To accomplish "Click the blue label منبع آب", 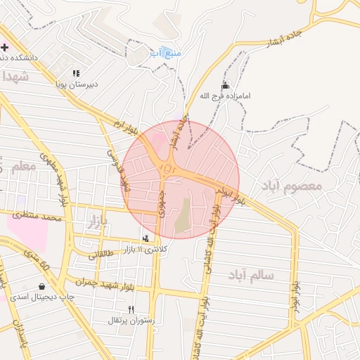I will point(166,53).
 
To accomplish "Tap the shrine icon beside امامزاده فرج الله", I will point(225,85).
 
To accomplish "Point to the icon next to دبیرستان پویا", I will point(76,73).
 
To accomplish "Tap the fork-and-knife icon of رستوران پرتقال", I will point(131,309).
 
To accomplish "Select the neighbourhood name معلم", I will point(23,167).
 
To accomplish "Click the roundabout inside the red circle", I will point(167,169).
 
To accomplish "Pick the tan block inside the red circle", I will point(182,216).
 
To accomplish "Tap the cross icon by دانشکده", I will point(5,47).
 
